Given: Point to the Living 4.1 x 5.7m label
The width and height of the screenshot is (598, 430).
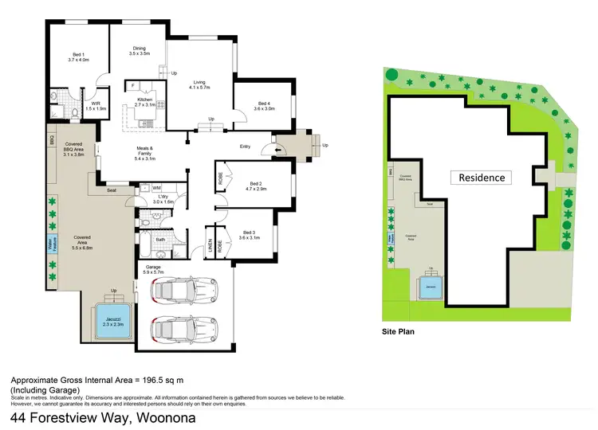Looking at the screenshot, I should pyautogui.click(x=199, y=84).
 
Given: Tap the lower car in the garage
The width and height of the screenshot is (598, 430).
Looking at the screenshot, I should pyautogui.click(x=183, y=327).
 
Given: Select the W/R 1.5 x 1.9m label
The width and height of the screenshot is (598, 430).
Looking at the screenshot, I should pyautogui.click(x=96, y=106).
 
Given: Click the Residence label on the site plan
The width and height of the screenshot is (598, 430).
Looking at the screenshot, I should pyautogui.click(x=481, y=178).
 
